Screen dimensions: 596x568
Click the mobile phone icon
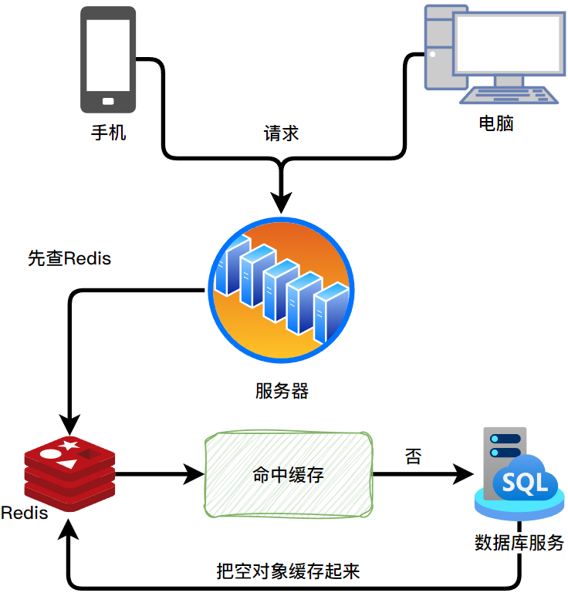pos(108,60)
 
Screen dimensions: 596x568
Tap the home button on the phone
pos(108,101)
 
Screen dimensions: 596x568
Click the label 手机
pos(108,133)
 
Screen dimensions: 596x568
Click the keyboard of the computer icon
pos(510,95)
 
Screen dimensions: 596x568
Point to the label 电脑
pos(496,123)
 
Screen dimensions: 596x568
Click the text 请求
pos(282,133)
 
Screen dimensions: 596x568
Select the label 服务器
pos(282,391)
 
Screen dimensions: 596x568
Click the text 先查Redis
pos(69,258)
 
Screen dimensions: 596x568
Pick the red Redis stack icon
pos(69,471)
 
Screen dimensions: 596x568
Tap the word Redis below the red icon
pos(25,513)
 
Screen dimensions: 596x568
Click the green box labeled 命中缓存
pos(289,475)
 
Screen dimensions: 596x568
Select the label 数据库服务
pos(519,541)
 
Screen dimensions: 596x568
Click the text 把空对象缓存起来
pos(289,571)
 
